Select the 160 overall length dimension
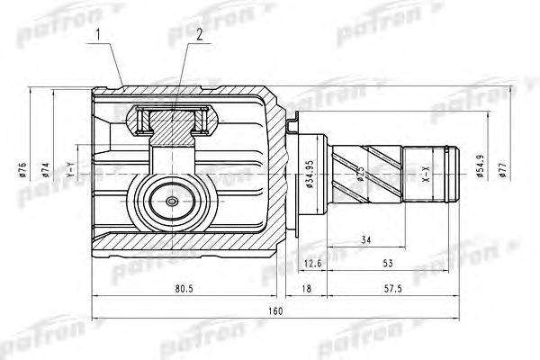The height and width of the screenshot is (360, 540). click(x=275, y=310)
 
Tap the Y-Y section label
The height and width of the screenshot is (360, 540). click(x=70, y=168)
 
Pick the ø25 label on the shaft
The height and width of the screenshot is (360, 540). click(x=358, y=173)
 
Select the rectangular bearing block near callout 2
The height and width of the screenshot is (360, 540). click(x=175, y=118)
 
